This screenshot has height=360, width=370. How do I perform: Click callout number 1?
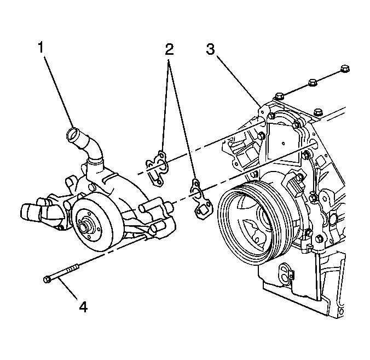click(41, 47)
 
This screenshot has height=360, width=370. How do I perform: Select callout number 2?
click(169, 49)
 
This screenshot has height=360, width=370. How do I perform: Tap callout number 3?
click(211, 49)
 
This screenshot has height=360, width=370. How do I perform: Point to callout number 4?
click(83, 307)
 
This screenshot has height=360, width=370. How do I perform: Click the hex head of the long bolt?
click(47, 279)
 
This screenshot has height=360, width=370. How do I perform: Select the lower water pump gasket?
click(200, 198)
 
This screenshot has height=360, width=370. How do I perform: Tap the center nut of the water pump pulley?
click(84, 226)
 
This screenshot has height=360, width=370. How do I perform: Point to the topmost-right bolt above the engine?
click(345, 69)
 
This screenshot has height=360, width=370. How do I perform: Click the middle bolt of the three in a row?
click(313, 83)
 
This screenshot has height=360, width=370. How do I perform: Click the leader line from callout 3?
click(239, 81)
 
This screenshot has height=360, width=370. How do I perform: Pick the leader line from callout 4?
click(67, 288)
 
